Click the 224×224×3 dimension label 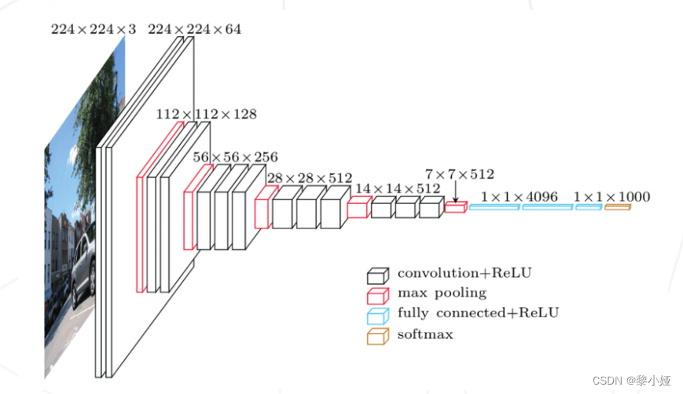tap(93, 30)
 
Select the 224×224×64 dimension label tap(194, 30)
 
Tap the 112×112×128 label tap(206, 115)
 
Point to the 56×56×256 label tap(235, 158)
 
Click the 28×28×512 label tap(309, 178)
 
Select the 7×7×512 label tap(460, 174)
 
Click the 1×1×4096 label tap(520, 196)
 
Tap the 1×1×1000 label tap(611, 196)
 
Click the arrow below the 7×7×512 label tap(455, 192)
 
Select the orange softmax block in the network tap(618, 207)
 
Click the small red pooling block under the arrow tap(455, 207)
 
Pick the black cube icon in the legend tap(377, 275)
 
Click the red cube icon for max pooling tap(377, 295)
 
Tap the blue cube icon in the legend tap(377, 316)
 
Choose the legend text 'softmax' tap(425, 334)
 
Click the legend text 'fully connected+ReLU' tap(478, 313)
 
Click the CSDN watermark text tap(630, 381)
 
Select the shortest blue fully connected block tap(588, 207)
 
